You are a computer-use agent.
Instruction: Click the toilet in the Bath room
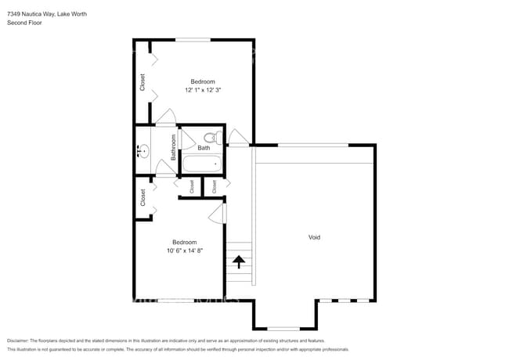[x=210, y=136]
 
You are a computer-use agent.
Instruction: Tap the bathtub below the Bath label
[x=202, y=164]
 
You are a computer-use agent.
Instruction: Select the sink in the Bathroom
[x=143, y=152]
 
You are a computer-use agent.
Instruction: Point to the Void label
[x=314, y=237]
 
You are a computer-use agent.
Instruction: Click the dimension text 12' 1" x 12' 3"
[x=203, y=91]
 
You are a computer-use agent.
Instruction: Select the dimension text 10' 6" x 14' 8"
[x=185, y=251]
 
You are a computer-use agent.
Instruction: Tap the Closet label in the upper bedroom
[x=143, y=81]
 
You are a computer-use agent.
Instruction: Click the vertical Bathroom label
[x=174, y=146]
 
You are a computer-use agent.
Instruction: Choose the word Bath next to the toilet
[x=204, y=148]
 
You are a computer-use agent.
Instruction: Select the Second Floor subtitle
[x=25, y=23]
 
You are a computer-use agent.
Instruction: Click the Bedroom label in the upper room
[x=203, y=81]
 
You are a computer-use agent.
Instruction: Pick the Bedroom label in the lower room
[x=185, y=242]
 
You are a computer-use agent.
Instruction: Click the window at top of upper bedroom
[x=193, y=39]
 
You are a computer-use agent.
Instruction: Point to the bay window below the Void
[x=283, y=328]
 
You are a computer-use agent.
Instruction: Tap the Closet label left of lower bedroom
[x=143, y=197]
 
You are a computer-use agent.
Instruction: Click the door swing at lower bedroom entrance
[x=218, y=212]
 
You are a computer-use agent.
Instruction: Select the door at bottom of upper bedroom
[x=165, y=119]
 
